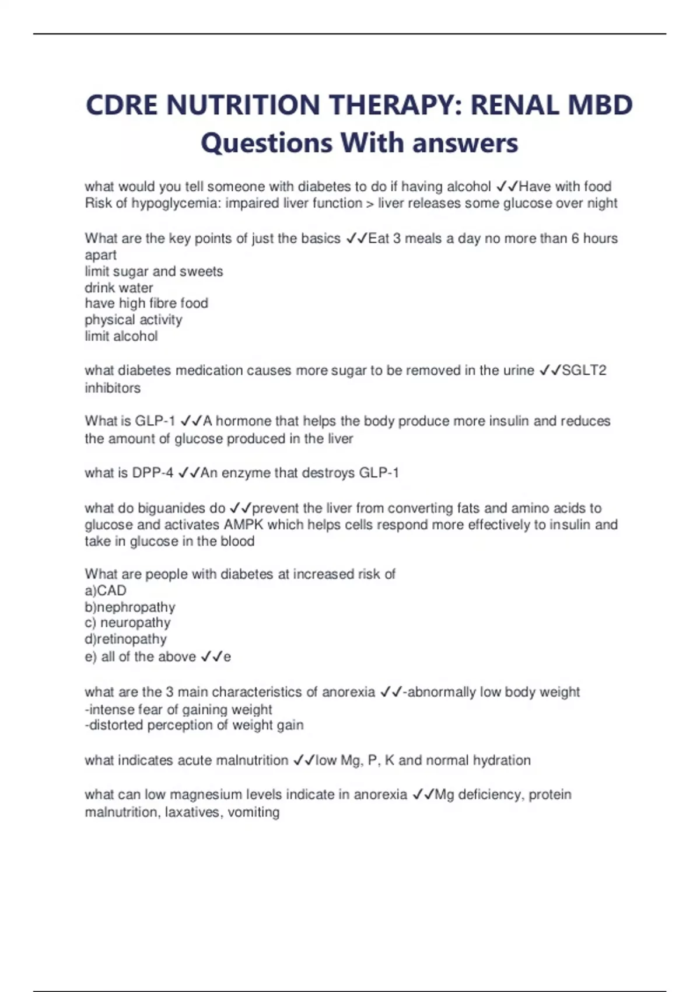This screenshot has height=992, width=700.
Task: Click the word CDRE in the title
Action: (122, 106)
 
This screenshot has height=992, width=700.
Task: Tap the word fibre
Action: (146, 303)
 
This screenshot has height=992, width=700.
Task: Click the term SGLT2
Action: (584, 371)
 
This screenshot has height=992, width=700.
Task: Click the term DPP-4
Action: (152, 473)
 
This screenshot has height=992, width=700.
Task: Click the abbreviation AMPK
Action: (243, 525)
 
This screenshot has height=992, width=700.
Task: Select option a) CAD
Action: (106, 591)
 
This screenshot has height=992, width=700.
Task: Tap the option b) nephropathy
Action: (130, 607)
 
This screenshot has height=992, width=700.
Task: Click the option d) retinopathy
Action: (125, 639)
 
